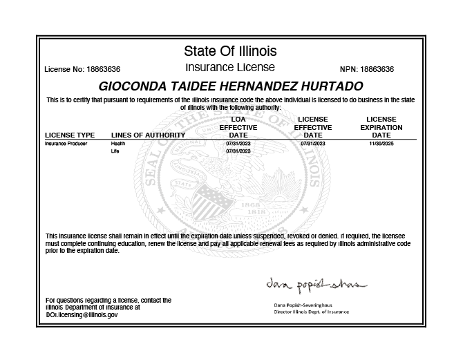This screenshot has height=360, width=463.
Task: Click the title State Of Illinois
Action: click(230, 51)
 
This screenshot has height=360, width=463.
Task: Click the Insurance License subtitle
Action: click(230, 68)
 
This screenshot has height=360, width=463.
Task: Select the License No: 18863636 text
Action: click(82, 70)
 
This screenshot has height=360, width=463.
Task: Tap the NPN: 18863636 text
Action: click(367, 70)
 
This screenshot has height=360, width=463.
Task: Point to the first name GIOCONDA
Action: click(135, 87)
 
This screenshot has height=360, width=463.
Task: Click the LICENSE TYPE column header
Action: click(70, 135)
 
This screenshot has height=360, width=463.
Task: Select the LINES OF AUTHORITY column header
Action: click(148, 135)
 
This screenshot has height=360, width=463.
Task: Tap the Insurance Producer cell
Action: click(66, 144)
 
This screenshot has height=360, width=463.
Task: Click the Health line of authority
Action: click(118, 144)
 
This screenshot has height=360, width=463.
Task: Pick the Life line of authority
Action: click(115, 151)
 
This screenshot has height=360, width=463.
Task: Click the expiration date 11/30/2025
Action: click(381, 144)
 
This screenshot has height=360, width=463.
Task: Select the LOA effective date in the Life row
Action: click(238, 151)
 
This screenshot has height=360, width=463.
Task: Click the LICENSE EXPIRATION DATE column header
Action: click(381, 127)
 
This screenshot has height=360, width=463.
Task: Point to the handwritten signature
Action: click(315, 285)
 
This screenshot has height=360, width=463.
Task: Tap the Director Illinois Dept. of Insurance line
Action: click(312, 312)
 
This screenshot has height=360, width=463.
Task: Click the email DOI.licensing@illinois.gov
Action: click(82, 314)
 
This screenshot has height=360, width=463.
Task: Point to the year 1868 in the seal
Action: click(252, 205)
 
